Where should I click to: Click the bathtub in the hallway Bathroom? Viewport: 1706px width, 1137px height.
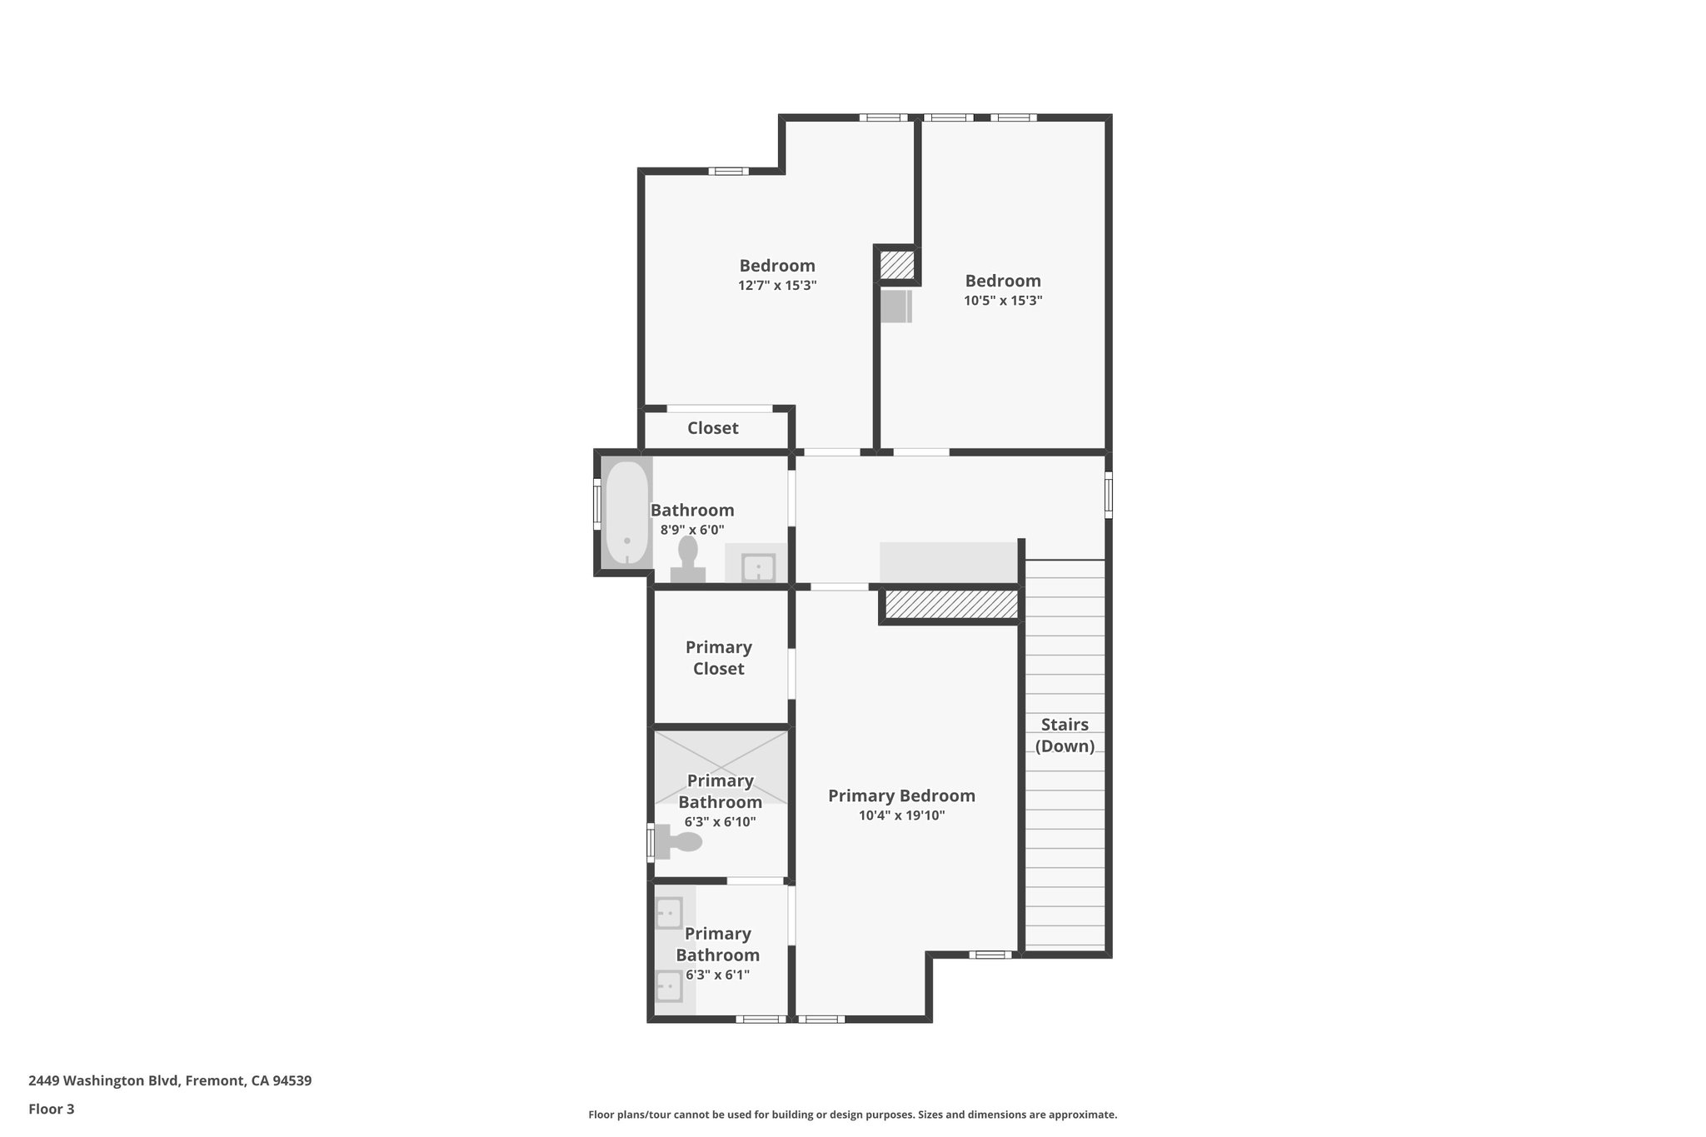(x=626, y=513)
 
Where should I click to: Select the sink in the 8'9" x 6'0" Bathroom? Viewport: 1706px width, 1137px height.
(x=758, y=566)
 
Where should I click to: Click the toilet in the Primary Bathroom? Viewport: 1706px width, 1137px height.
(x=678, y=841)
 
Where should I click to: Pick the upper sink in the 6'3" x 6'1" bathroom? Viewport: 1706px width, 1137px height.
(x=669, y=913)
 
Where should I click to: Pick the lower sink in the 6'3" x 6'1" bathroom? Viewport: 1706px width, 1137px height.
(x=669, y=986)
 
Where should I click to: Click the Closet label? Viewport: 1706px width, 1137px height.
(x=712, y=428)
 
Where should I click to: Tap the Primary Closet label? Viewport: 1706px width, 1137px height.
(x=718, y=658)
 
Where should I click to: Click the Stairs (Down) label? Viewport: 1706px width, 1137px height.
(x=1065, y=735)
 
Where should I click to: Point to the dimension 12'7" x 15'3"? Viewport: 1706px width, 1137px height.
(x=777, y=285)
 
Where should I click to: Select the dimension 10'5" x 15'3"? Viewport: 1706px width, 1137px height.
(x=1003, y=301)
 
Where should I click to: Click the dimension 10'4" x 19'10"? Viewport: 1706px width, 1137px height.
(x=901, y=815)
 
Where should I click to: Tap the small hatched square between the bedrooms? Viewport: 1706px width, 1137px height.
(x=897, y=266)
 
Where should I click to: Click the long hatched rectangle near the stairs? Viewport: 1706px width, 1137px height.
(x=950, y=605)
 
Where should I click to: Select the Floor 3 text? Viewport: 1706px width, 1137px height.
(x=51, y=1109)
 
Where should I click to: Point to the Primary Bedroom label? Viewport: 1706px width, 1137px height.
(x=901, y=795)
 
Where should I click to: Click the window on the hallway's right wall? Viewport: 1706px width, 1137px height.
(x=1108, y=495)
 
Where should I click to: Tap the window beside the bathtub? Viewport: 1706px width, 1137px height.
(x=596, y=503)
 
